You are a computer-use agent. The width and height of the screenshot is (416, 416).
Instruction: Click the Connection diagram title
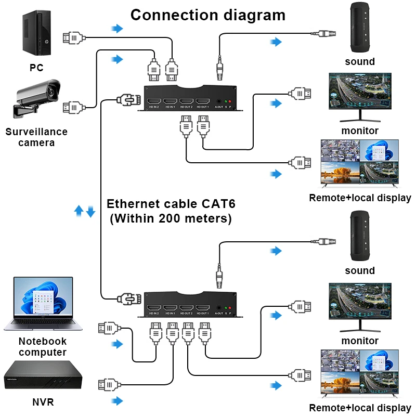click(x=207, y=15)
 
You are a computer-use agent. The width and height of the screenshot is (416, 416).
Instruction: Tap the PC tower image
click(x=36, y=35)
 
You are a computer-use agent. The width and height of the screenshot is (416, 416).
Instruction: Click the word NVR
click(x=43, y=402)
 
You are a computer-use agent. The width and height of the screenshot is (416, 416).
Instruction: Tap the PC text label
click(x=36, y=67)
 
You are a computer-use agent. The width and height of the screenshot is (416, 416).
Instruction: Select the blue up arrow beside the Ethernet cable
click(x=79, y=211)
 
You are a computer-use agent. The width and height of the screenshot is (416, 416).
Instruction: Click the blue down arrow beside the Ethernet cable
click(x=90, y=211)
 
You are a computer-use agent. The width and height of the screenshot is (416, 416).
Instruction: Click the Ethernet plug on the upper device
click(x=126, y=99)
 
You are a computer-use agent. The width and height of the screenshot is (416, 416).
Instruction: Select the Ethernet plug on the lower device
click(x=126, y=298)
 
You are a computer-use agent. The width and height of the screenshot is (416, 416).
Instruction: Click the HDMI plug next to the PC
click(x=73, y=37)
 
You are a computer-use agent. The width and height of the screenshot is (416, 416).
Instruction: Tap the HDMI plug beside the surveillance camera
click(x=73, y=108)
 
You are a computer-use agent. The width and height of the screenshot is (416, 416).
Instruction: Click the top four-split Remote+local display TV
click(x=360, y=164)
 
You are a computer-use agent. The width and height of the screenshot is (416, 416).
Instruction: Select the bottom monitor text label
click(x=360, y=341)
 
